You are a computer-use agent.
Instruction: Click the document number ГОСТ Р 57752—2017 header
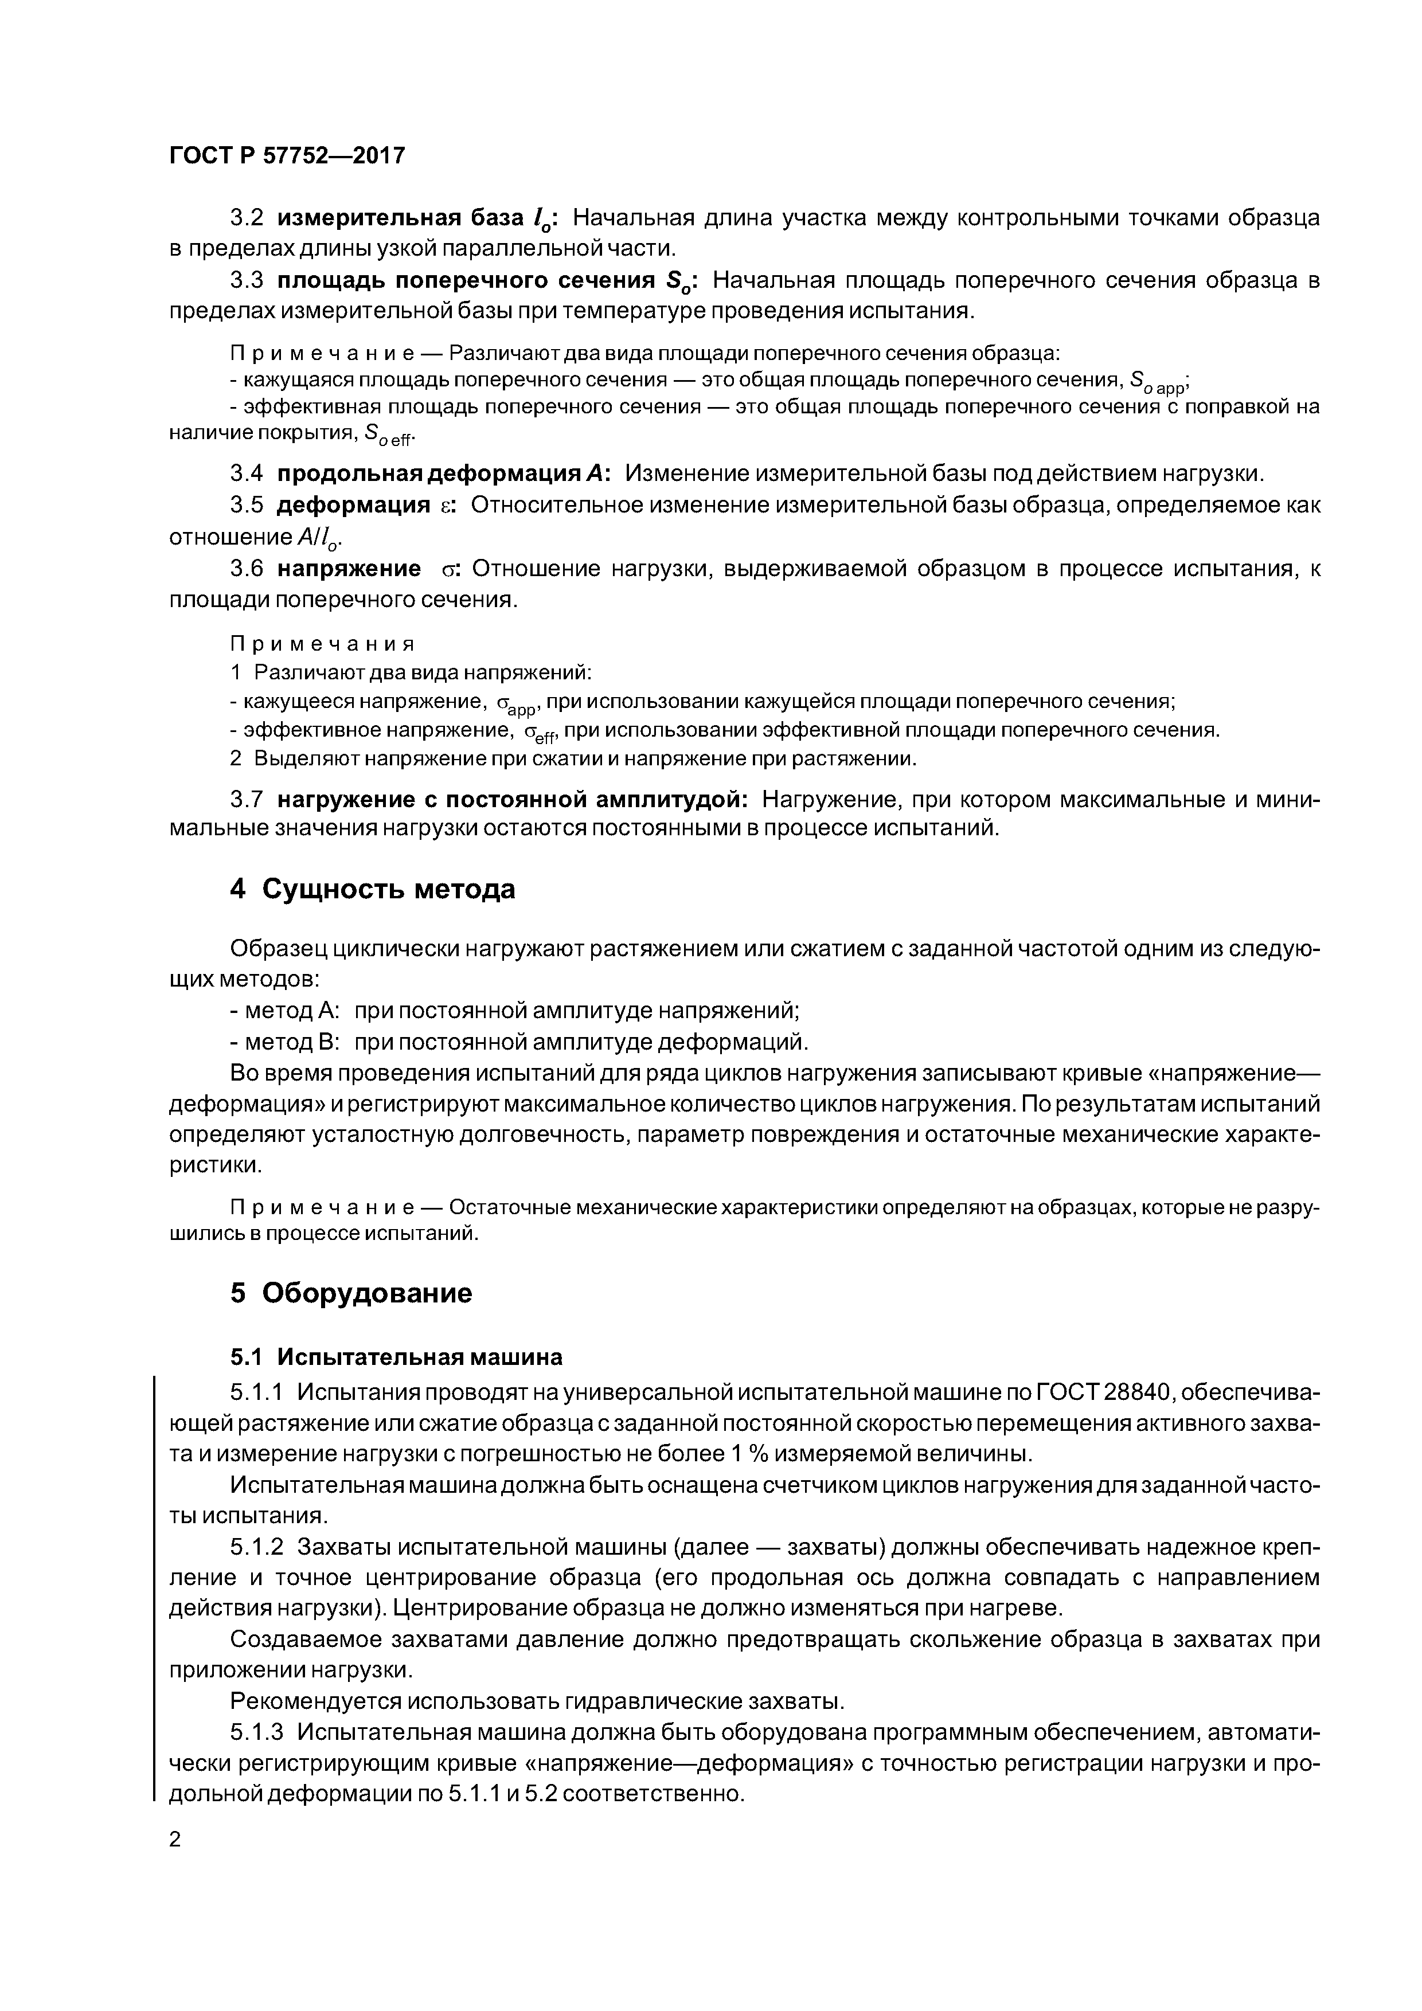(x=287, y=156)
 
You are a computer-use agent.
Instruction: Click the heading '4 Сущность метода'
(x=372, y=889)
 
